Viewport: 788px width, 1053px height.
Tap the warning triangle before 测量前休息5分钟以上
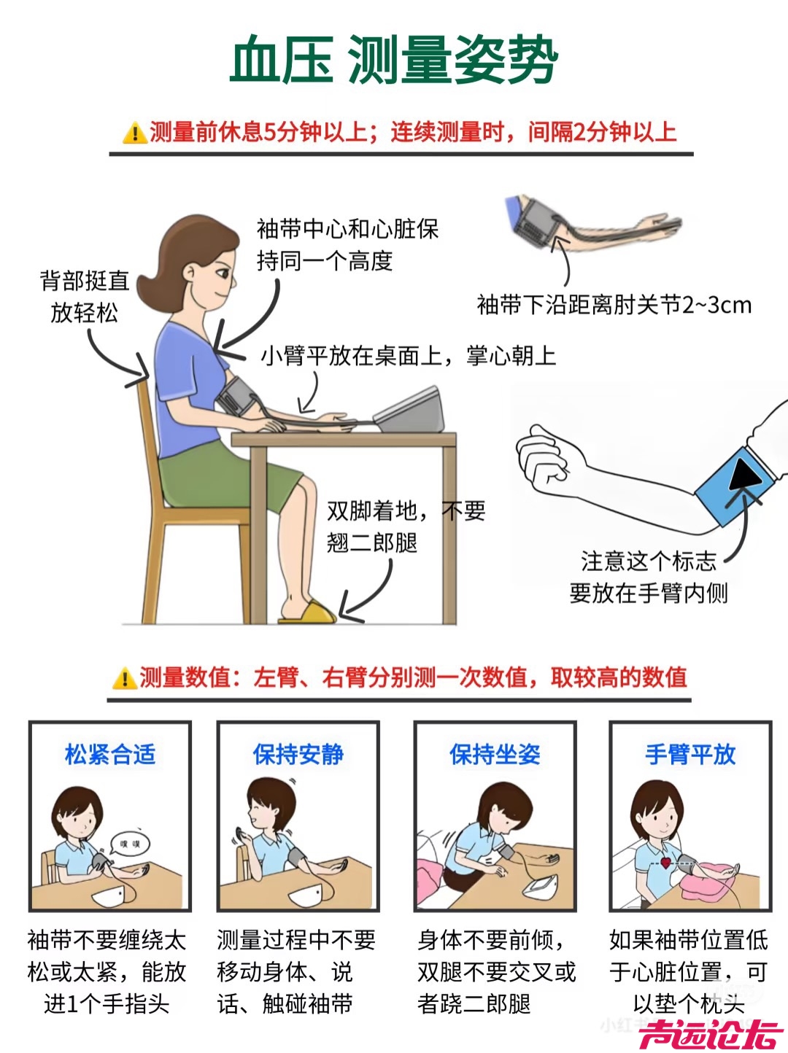(135, 133)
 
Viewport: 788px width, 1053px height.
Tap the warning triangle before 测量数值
(125, 678)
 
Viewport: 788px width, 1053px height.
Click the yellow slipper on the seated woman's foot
(307, 613)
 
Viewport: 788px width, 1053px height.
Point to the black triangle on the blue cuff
(745, 475)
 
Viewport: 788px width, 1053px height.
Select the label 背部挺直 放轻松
(85, 297)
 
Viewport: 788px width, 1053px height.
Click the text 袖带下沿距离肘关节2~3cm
(614, 305)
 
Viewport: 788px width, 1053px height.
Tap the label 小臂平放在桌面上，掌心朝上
(409, 356)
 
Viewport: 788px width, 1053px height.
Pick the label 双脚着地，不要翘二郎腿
(406, 526)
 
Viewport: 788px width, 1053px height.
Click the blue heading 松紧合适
(110, 754)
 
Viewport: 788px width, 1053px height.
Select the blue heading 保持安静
(298, 754)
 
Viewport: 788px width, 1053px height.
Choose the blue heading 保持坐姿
(495, 754)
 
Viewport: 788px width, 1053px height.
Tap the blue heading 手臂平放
(690, 754)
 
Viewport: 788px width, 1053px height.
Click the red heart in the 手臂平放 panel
(665, 863)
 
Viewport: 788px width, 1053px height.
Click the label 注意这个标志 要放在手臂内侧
(649, 578)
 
